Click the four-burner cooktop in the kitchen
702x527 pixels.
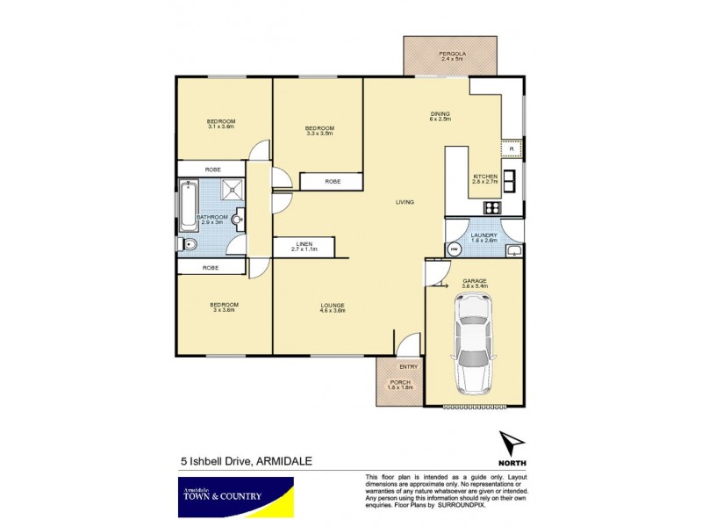click(492, 208)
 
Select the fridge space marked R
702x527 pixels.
click(512, 149)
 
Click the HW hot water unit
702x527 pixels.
click(454, 249)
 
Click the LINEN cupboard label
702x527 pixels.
click(303, 245)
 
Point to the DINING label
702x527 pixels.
click(440, 114)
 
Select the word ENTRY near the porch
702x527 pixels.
click(408, 367)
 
